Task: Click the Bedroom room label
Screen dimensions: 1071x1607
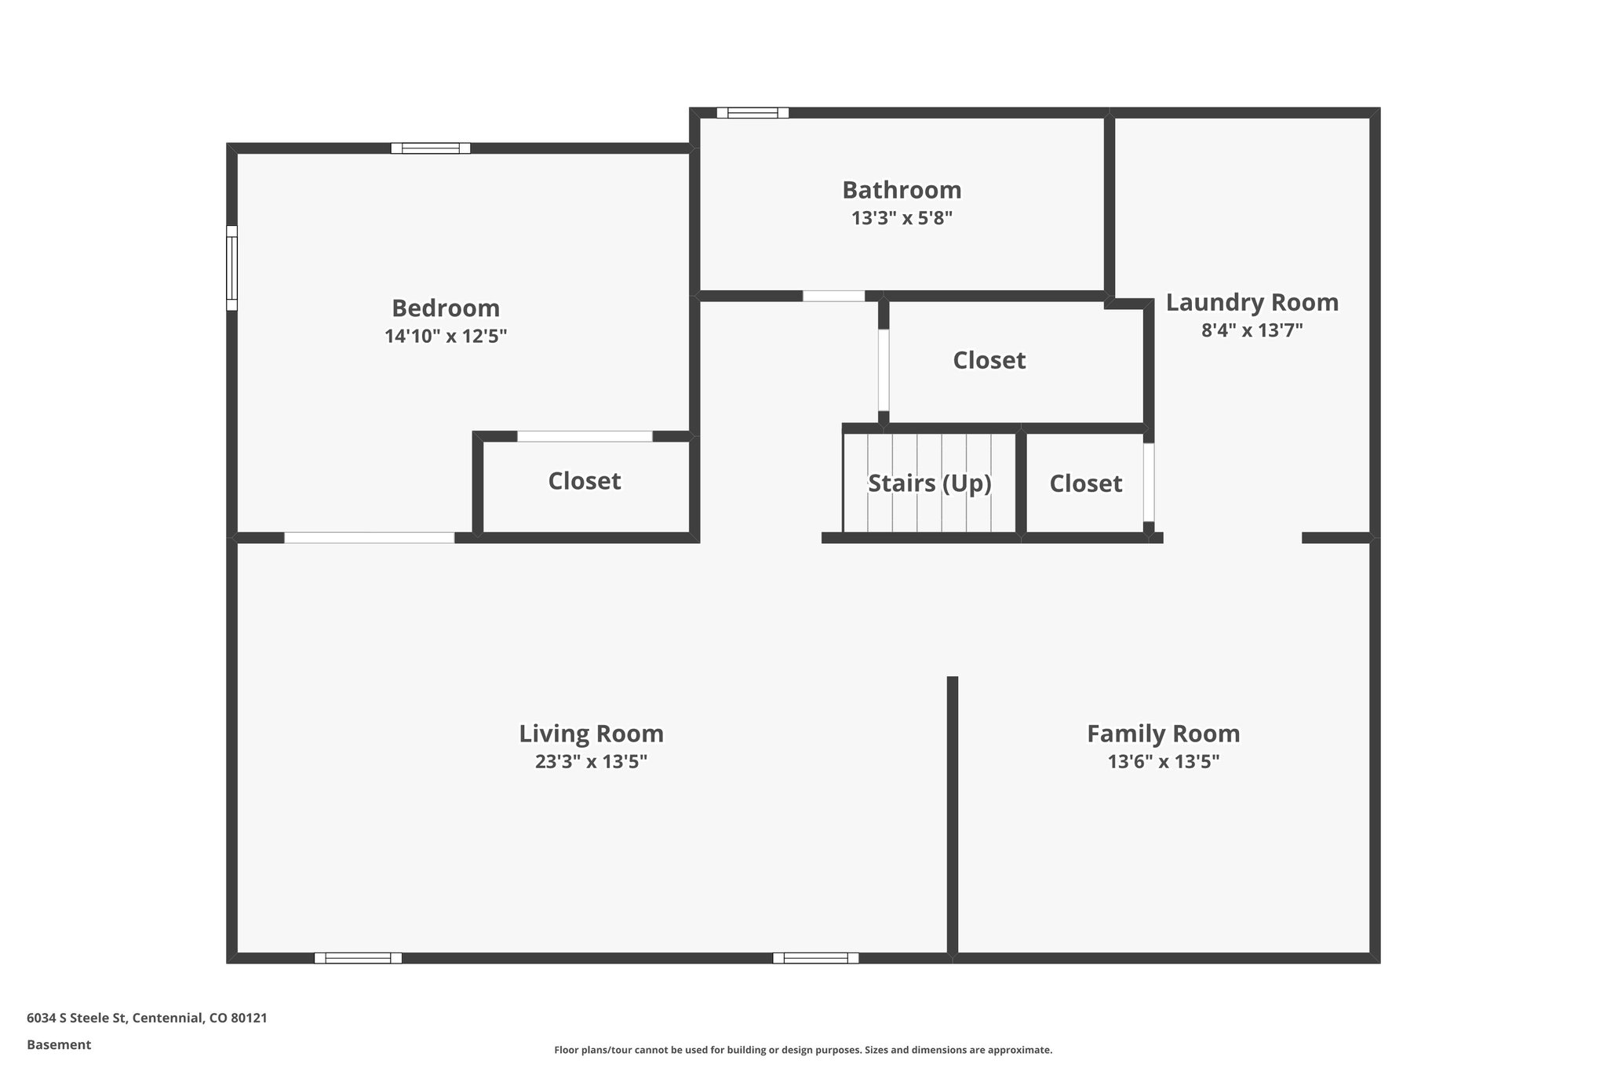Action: point(445,308)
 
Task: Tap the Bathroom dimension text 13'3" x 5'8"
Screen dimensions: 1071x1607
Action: point(902,218)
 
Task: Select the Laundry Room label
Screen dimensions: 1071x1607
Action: point(1252,302)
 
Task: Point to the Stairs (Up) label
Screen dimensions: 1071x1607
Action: point(929,483)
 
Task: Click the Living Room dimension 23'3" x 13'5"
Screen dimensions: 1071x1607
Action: point(591,762)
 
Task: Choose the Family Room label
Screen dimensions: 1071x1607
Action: point(1163,734)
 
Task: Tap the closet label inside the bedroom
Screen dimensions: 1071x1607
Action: point(584,481)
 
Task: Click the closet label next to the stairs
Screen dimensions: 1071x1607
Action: point(1085,483)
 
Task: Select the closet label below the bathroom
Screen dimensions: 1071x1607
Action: point(989,360)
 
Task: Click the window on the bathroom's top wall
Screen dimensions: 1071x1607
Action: point(752,113)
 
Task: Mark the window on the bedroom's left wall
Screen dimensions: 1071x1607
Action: point(231,268)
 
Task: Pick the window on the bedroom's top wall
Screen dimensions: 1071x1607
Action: point(431,148)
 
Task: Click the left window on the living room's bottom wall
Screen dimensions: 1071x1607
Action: point(358,958)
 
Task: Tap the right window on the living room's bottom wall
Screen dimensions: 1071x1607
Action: point(815,958)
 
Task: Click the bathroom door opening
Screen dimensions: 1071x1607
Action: point(833,297)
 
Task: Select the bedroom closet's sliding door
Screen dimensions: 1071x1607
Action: point(585,436)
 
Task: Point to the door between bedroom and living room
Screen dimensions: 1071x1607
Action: point(369,538)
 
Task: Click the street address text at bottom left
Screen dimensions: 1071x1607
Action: point(147,1018)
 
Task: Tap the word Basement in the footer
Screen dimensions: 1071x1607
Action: point(59,1045)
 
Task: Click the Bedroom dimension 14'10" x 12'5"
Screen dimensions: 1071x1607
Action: point(445,337)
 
